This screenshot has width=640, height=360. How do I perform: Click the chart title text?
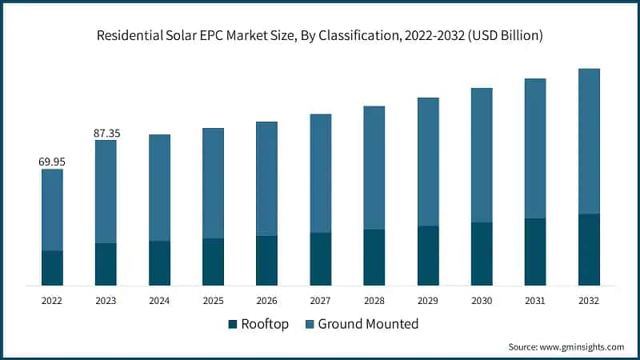click(x=320, y=34)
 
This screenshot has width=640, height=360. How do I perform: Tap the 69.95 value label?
click(x=52, y=162)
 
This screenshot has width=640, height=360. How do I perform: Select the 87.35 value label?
click(x=106, y=133)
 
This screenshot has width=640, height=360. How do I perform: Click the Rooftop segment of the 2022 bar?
click(x=52, y=268)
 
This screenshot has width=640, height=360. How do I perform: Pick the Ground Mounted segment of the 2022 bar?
click(x=52, y=210)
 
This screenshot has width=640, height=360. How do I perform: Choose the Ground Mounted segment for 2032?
click(x=589, y=141)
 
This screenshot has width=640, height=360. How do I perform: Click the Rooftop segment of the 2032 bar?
click(x=589, y=250)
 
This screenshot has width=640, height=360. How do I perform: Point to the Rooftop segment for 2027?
click(x=321, y=259)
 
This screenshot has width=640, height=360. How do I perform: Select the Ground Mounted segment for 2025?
click(x=214, y=183)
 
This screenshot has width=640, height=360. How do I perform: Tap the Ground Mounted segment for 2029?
click(x=428, y=162)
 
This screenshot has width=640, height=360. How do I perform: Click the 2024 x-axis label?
click(x=159, y=301)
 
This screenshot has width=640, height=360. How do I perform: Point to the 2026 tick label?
click(x=266, y=301)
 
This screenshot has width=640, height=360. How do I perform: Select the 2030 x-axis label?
click(x=482, y=301)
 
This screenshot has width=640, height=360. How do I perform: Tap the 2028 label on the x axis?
click(x=374, y=301)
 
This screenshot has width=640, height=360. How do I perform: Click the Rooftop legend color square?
click(x=233, y=324)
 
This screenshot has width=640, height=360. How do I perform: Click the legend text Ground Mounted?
click(x=368, y=324)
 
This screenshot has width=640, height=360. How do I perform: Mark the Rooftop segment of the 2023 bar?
click(x=106, y=264)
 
